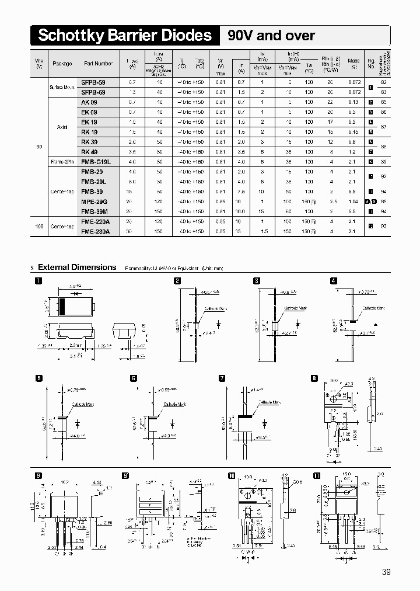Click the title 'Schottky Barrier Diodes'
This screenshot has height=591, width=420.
click(124, 36)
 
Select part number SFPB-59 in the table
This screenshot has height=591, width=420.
click(93, 82)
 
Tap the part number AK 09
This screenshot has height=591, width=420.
click(89, 102)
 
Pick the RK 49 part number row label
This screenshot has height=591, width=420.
click(89, 152)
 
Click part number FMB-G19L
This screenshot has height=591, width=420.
click(96, 162)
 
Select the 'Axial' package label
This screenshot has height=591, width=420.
click(62, 127)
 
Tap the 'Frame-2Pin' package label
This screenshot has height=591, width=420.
click(61, 162)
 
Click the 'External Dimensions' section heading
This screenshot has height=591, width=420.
click(77, 267)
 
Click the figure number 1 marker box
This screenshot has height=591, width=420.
click(39, 281)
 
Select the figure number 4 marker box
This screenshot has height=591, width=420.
click(333, 281)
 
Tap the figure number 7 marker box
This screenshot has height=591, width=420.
click(222, 378)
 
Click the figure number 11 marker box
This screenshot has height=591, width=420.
click(316, 475)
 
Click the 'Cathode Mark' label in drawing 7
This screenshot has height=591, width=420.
click(270, 403)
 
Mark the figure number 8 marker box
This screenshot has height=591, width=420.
click(315, 378)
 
